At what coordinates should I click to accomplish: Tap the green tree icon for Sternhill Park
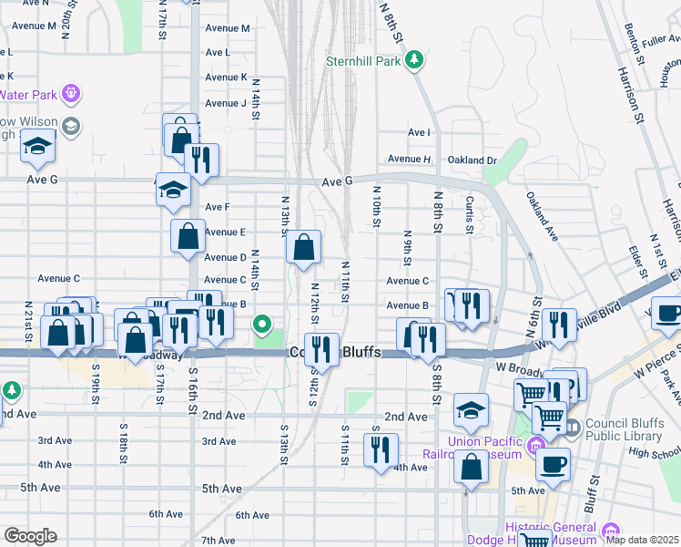pos(414,60)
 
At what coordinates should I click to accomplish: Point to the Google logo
pos(30,536)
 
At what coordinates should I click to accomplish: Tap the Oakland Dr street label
pos(473,160)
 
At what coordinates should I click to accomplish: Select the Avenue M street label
pos(228,28)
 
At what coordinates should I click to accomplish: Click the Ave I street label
pos(419,133)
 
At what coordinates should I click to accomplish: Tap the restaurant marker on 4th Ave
pos(381,449)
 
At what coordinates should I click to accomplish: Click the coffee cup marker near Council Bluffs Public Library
pos(553,464)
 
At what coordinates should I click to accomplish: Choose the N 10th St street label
pos(375,208)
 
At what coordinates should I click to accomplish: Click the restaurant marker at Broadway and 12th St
pos(320,347)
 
